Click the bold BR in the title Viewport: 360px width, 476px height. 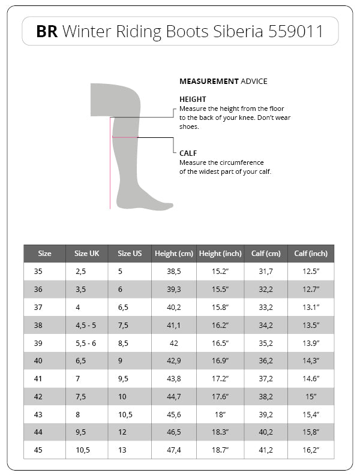coord(47,32)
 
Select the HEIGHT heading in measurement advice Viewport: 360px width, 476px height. coord(193,100)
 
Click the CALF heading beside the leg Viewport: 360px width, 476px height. coord(188,153)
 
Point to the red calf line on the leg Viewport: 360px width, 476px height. coord(125,138)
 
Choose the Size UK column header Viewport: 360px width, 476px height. coord(87,254)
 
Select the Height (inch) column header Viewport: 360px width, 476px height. coord(220,254)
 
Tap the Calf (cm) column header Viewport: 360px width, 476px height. coord(266,254)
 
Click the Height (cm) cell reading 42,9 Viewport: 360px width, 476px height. coord(173,361)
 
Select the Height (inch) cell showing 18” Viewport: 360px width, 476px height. coord(220,415)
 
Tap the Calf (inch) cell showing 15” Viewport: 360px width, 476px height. coord(311,397)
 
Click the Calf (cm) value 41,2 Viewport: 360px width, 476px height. coord(266,451)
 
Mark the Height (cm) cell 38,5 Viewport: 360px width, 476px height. coord(173,272)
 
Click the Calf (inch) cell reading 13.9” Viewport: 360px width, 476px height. coord(311,344)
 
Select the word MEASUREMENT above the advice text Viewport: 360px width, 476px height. coord(208,82)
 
